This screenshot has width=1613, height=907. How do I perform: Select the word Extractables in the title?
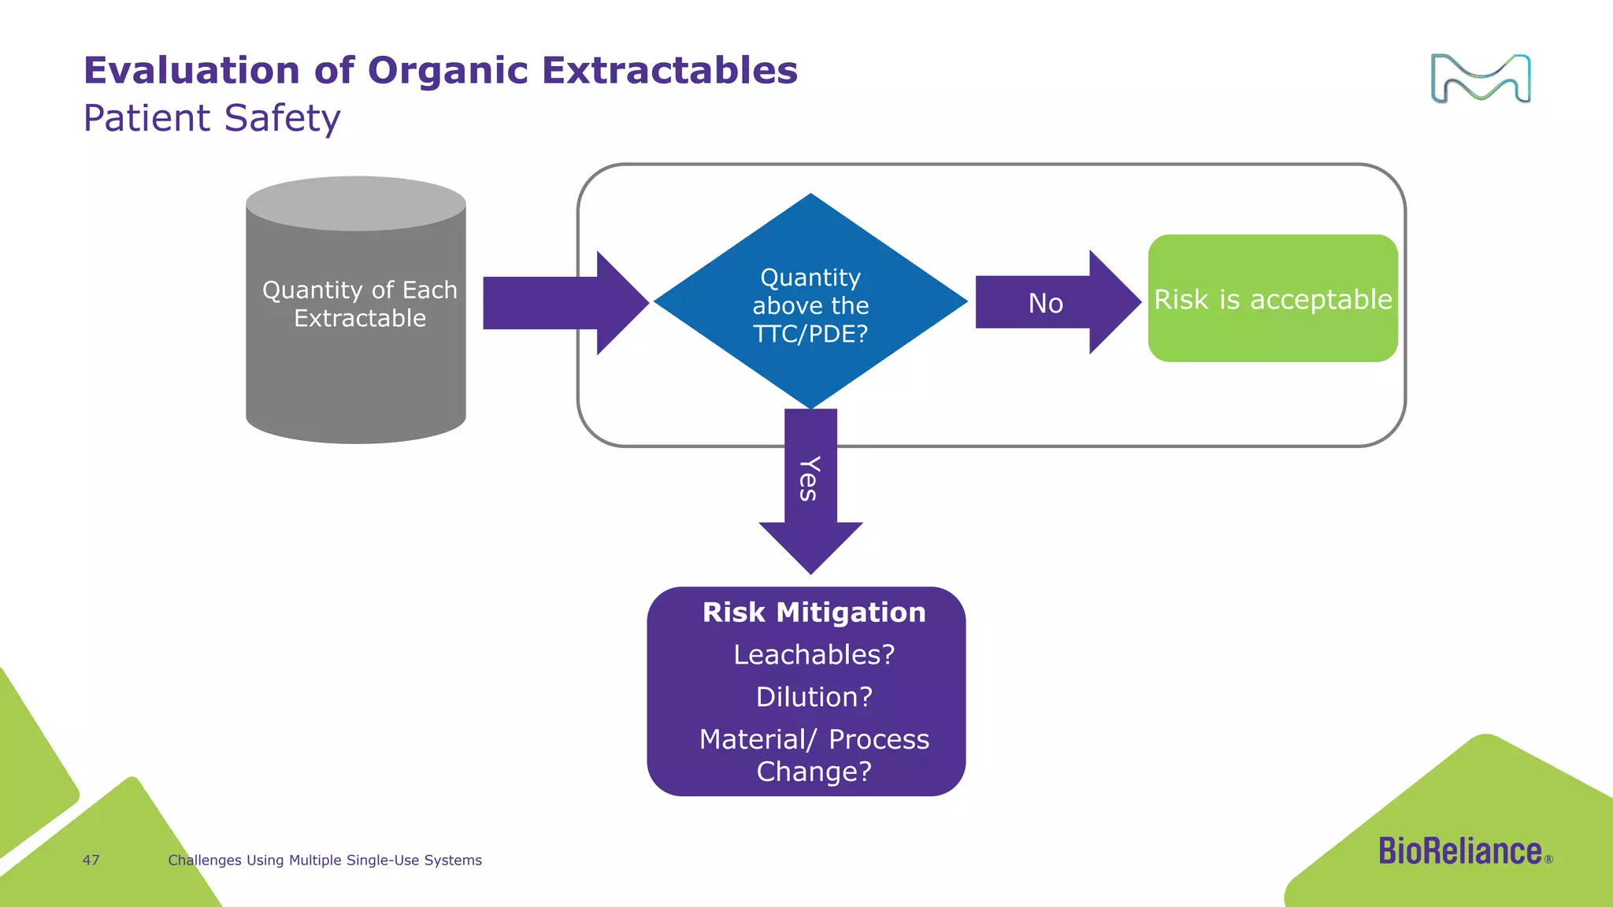click(669, 70)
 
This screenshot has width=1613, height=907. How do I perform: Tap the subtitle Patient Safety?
click(212, 119)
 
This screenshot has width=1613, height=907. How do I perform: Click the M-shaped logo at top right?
click(1480, 79)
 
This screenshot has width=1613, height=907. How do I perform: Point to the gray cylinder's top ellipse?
click(356, 203)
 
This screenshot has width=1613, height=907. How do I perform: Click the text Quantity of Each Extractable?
click(360, 304)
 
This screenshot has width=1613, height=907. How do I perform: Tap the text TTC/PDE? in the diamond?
click(810, 334)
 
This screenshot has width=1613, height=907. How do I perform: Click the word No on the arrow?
click(1045, 303)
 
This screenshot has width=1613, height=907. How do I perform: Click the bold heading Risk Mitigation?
click(814, 613)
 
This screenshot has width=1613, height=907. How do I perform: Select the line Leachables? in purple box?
click(814, 654)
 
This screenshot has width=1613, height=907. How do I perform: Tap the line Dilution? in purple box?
click(814, 697)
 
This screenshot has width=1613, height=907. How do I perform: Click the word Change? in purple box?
click(814, 772)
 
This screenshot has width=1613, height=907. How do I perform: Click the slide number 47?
click(91, 861)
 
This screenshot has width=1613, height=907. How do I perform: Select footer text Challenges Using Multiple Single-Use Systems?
click(324, 861)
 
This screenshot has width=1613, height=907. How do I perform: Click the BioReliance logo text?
click(1460, 852)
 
